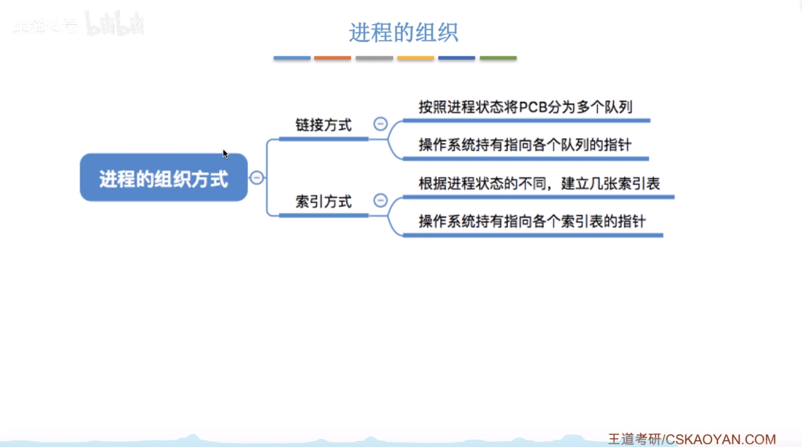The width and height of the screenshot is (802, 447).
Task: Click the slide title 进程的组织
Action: (403, 33)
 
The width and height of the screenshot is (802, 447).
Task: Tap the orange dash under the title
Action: (332, 58)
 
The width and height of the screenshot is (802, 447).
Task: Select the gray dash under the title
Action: (374, 58)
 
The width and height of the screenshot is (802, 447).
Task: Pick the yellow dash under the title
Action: (415, 58)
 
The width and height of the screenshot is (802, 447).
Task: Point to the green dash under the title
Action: (498, 58)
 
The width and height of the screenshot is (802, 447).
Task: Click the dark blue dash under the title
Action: (457, 58)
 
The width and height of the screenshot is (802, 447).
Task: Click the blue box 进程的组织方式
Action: (163, 178)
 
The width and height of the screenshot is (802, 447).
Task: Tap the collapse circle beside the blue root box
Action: (257, 178)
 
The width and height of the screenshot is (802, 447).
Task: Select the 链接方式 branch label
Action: (323, 126)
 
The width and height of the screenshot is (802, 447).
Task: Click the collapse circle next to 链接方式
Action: (380, 124)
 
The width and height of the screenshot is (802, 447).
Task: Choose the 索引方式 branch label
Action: (323, 202)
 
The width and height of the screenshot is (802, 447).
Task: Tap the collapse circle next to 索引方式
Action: (380, 200)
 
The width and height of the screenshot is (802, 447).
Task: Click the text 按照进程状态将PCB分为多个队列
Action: (525, 107)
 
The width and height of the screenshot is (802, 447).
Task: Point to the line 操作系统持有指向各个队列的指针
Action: (525, 145)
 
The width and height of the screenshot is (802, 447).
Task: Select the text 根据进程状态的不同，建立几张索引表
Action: (539, 183)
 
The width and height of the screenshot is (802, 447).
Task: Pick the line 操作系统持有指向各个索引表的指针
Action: (532, 222)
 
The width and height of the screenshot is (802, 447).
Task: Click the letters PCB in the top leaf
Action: (533, 107)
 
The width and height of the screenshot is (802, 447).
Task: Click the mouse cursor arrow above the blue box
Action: (225, 154)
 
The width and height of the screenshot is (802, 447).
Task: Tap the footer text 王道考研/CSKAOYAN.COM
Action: (691, 439)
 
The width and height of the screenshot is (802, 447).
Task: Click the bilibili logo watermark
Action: (115, 24)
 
